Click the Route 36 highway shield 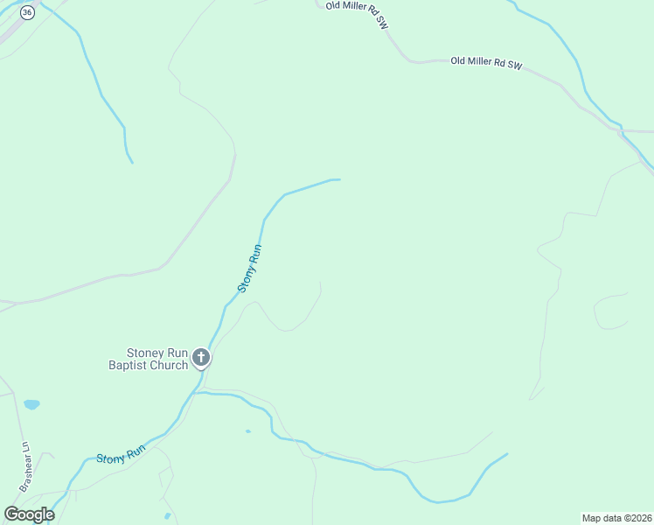pos(27,12)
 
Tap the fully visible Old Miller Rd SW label pos(485,63)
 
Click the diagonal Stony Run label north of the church pos(250,267)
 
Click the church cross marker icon pos(201,357)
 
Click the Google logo pos(29,514)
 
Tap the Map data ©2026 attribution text pos(616,517)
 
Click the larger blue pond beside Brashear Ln pos(31,404)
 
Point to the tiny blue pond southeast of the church pos(248,430)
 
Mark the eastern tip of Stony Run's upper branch pos(338,179)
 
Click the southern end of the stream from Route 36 pos(131,162)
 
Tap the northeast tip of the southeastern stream pos(506,453)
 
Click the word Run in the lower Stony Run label pos(134,453)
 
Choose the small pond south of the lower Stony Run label pos(167,515)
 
